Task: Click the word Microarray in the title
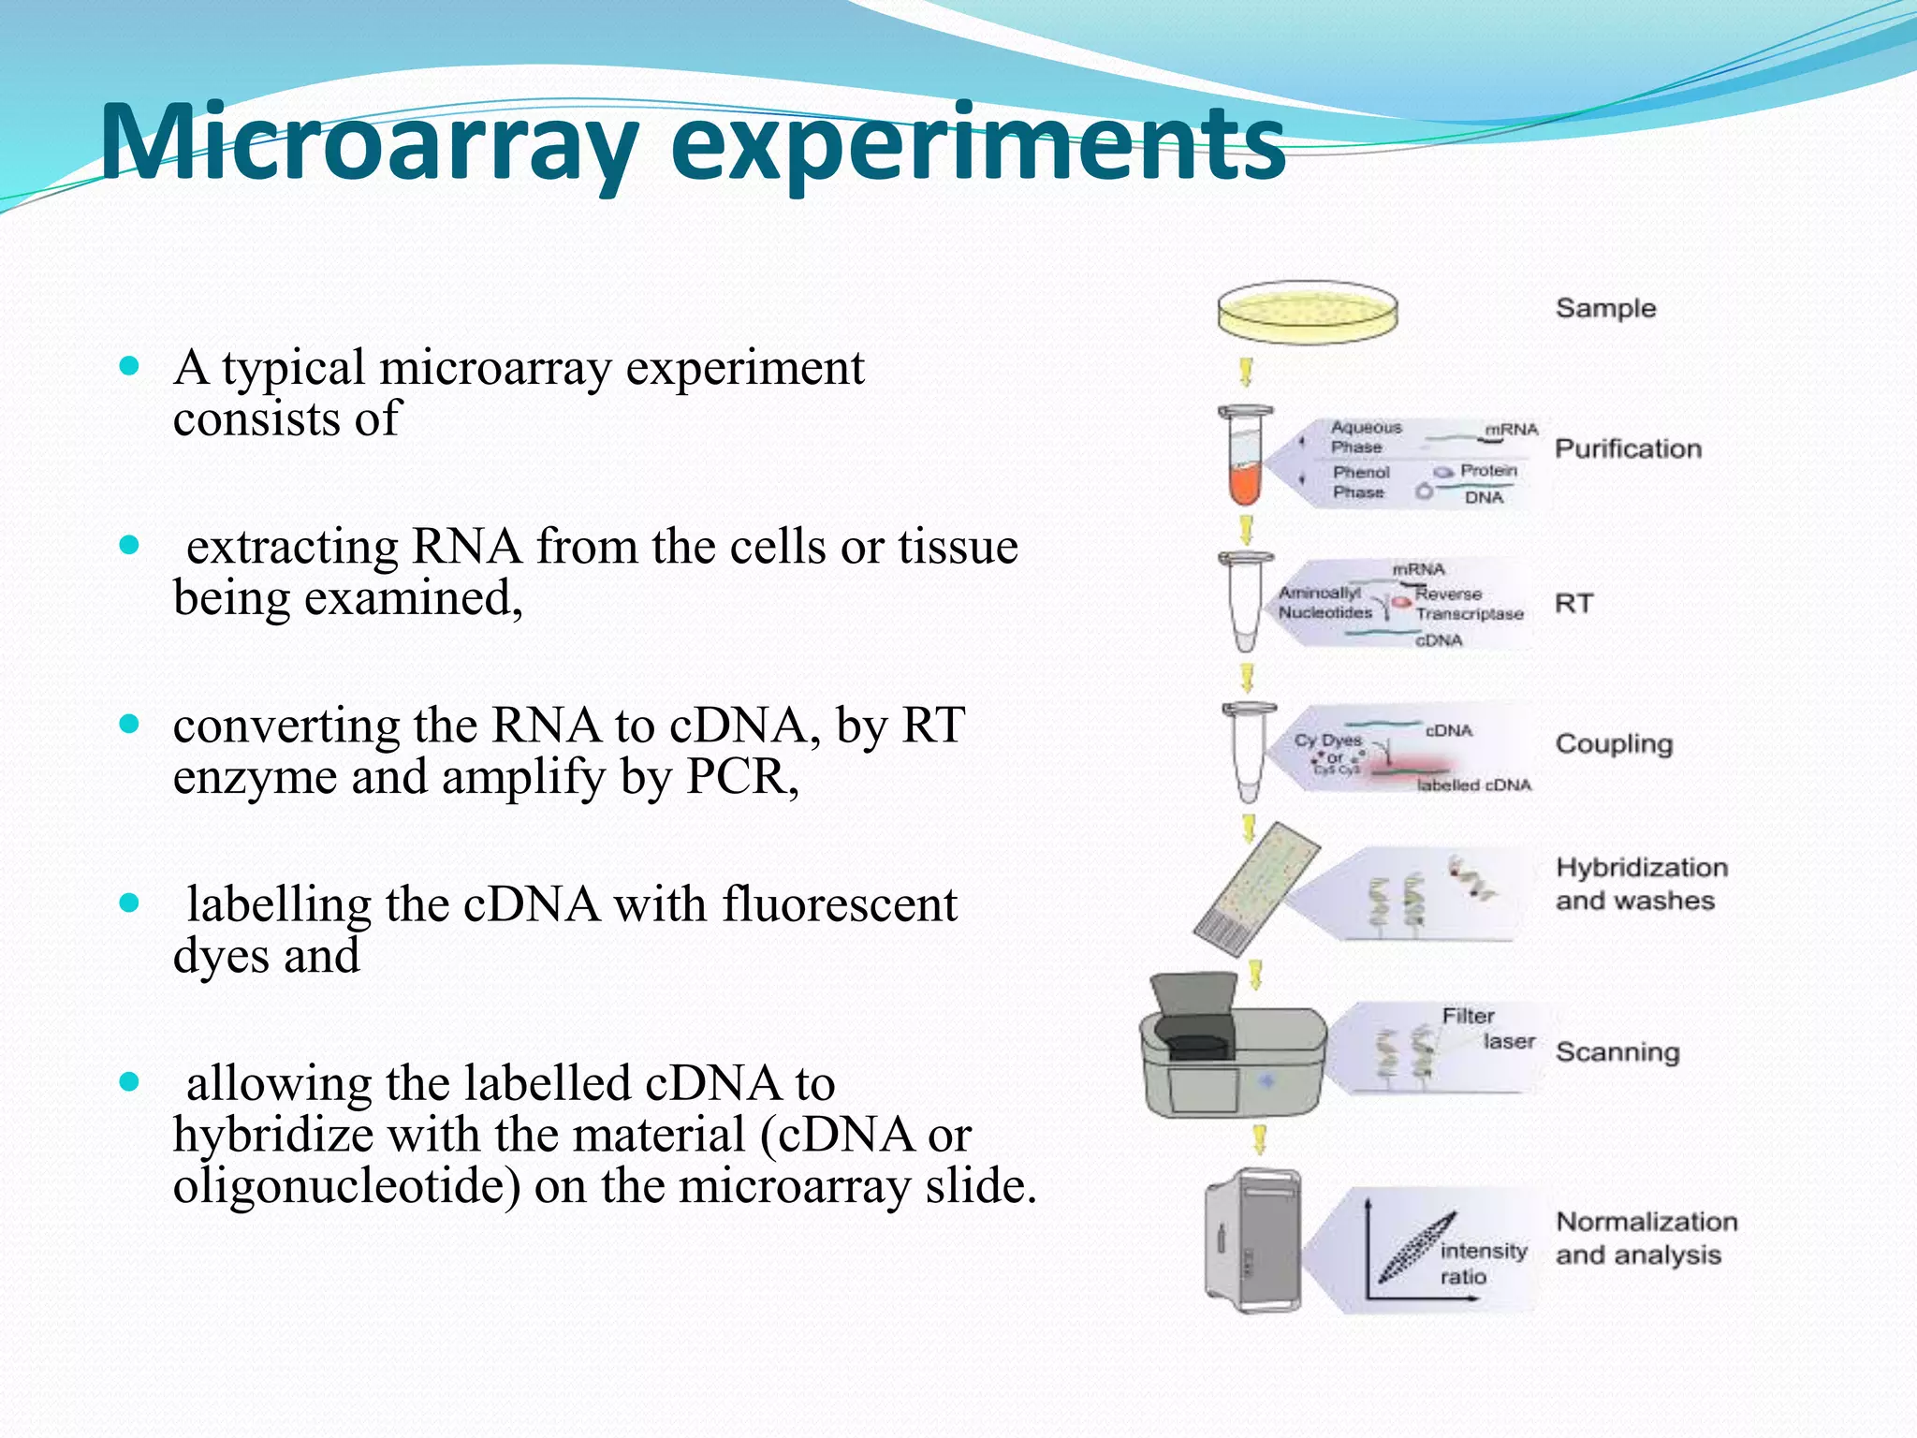point(370,142)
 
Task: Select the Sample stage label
point(1605,308)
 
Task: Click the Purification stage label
point(1628,448)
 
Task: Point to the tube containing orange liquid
point(1245,459)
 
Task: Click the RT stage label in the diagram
point(1573,603)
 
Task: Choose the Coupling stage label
point(1614,743)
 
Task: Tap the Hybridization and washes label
point(1641,884)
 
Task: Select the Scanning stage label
point(1617,1051)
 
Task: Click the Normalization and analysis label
point(1646,1238)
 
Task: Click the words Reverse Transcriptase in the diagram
point(1468,604)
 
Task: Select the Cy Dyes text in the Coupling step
point(1327,740)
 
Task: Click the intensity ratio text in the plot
point(1482,1263)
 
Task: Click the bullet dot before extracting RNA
point(129,545)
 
